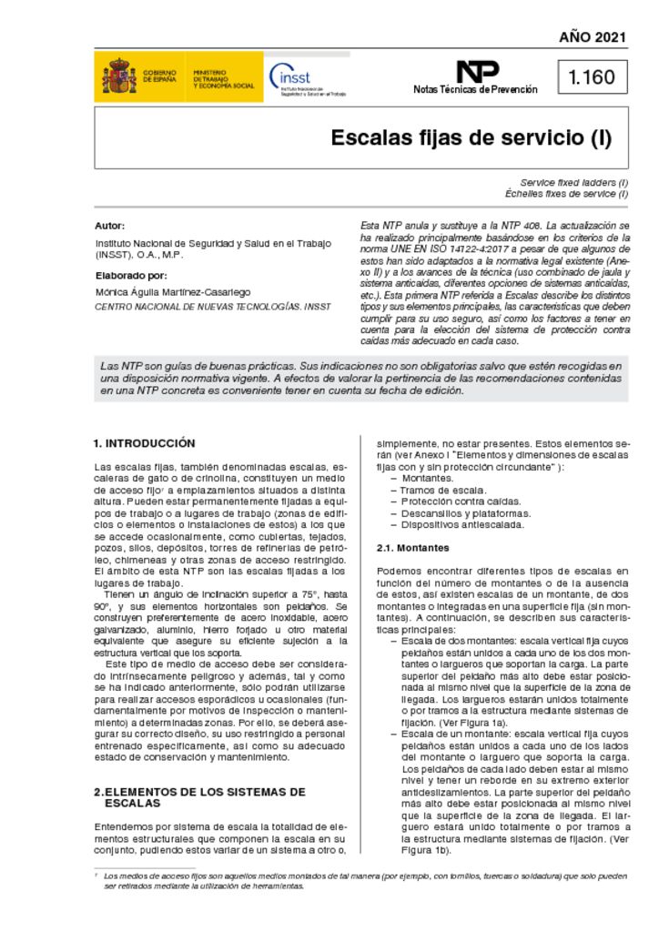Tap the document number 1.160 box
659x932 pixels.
tap(593, 77)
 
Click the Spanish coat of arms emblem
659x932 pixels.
tap(119, 77)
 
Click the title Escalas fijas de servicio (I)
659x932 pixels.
tap(471, 138)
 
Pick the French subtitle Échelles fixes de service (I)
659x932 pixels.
tap(566, 194)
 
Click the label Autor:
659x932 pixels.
tap(109, 225)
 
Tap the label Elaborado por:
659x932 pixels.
tap(130, 274)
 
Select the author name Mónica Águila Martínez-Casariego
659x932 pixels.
tap(172, 292)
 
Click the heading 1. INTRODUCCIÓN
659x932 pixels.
tap(144, 443)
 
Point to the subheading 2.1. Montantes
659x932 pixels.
tap(412, 548)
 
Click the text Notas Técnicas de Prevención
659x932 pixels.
tap(475, 89)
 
